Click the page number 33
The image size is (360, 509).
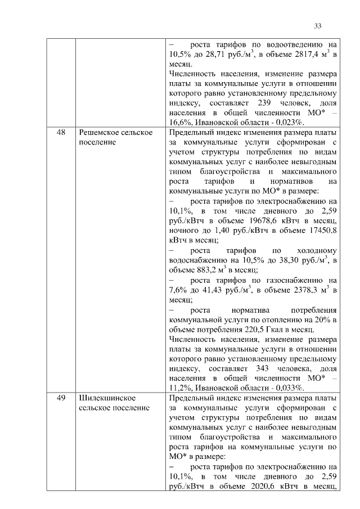pyautogui.click(x=317, y=26)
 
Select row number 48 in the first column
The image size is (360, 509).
pyautogui.click(x=61, y=132)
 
